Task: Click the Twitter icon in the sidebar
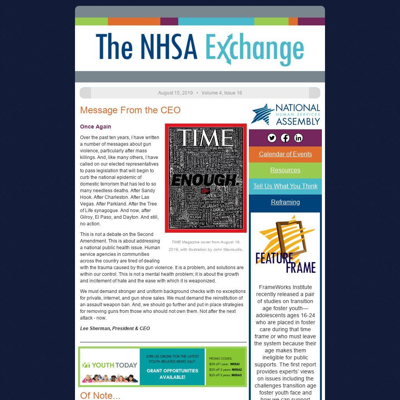coord(272,138)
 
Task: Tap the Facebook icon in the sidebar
coord(285,138)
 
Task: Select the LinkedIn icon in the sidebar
coord(298,138)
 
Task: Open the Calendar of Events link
coord(285,154)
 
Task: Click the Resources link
coord(285,170)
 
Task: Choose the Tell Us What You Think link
coord(285,186)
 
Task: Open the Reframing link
coord(285,202)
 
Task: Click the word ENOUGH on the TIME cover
coord(204,180)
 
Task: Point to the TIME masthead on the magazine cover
coord(206,137)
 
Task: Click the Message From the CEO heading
coord(130,110)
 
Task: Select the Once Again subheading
coord(95,127)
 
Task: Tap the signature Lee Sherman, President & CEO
coord(115,329)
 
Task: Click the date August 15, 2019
coord(175,93)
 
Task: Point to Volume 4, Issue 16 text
coord(221,93)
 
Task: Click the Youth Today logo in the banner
coord(110,366)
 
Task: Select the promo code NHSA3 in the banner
coord(236,375)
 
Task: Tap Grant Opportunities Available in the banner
coord(172,374)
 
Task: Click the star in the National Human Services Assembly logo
coord(262,114)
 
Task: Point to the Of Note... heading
coord(100,395)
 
